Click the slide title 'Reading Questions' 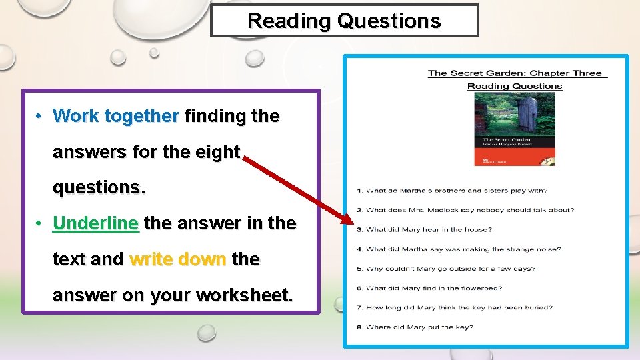click(344, 21)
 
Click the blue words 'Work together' click(115, 116)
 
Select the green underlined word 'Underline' click(96, 223)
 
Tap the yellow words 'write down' click(178, 259)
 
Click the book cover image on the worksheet click(514, 129)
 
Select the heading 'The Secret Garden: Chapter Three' click(515, 73)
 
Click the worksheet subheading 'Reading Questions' click(515, 86)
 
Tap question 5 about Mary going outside click(446, 269)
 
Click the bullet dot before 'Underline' click(40, 223)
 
